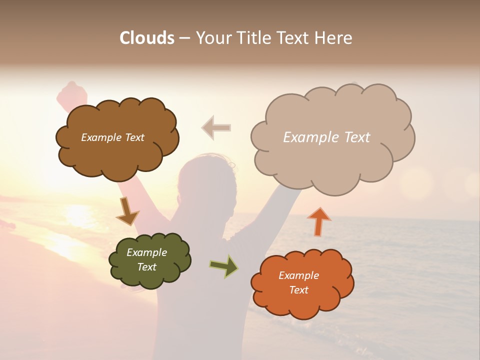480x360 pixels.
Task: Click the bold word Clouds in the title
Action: [x=147, y=38]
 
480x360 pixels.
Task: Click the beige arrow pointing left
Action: [x=216, y=127]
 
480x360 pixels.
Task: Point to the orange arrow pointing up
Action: [x=319, y=221]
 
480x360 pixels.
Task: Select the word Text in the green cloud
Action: [x=147, y=267]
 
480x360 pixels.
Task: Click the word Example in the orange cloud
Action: [x=298, y=275]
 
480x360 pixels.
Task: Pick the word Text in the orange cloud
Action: [x=298, y=290]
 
